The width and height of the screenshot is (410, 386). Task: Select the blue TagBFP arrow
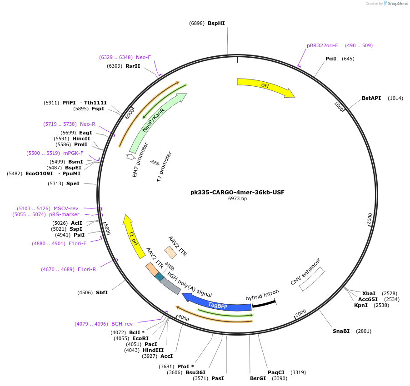coord(217,305)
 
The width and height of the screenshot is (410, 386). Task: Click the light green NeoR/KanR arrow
coord(156,123)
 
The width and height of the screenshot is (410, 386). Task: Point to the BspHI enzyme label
coord(216,23)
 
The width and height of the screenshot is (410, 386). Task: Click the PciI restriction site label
coord(331,59)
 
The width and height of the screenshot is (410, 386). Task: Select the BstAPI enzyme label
coord(371,98)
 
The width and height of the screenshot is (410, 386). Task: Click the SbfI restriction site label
coord(102,292)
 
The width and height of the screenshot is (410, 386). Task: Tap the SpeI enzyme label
coord(73,183)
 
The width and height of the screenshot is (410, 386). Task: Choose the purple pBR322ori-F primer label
coord(322,45)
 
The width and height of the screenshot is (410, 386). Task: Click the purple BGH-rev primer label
coord(122,324)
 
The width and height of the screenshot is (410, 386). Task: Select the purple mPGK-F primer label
coord(73,153)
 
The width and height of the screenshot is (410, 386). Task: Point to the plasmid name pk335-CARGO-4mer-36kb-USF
coord(237,192)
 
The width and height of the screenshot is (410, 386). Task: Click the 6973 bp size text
coord(237,198)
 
